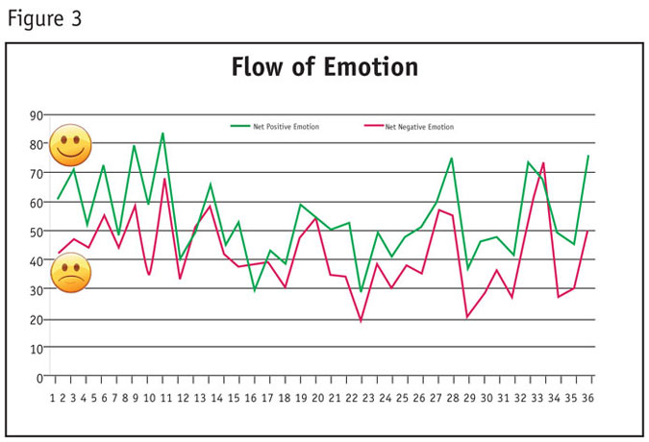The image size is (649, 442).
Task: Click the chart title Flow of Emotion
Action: coord(324,68)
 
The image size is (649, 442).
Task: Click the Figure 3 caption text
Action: coord(44,19)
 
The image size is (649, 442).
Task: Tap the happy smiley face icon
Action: coord(70,145)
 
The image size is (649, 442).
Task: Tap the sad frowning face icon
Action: coord(70,273)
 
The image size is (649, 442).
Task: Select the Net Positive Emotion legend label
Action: coord(286,127)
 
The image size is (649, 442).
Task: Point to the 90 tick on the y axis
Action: coord(38,115)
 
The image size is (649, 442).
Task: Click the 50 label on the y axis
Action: coord(38,232)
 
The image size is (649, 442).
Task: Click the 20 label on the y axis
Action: coord(38,319)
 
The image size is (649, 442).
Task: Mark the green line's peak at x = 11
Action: coord(163,133)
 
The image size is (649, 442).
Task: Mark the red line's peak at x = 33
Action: coord(543,163)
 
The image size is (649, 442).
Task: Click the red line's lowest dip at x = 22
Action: coord(362,321)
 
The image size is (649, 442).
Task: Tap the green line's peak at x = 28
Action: coord(452,158)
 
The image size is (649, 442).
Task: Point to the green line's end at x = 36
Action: coord(588,156)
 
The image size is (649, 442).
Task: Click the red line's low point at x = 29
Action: coord(467,317)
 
